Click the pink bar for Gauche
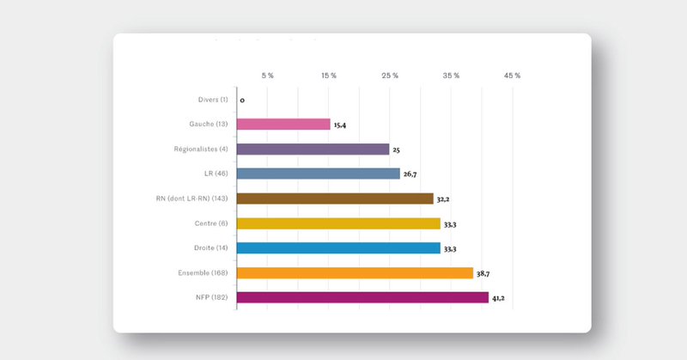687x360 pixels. (x=283, y=125)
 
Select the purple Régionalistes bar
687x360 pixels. (x=313, y=149)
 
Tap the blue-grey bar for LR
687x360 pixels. (x=319, y=174)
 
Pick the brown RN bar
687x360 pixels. (x=335, y=198)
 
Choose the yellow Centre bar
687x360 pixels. (x=338, y=223)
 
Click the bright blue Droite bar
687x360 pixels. (x=338, y=248)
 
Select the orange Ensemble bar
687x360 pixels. (x=355, y=273)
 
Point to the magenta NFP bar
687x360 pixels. (x=362, y=298)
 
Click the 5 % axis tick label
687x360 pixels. (x=267, y=76)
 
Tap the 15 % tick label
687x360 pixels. (x=328, y=76)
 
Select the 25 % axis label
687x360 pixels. (x=390, y=76)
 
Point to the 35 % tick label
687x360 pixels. (x=451, y=76)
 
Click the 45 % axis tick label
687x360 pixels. (x=512, y=76)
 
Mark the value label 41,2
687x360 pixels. (x=500, y=298)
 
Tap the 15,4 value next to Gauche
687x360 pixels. (x=340, y=125)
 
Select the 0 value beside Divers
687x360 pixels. (x=242, y=101)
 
